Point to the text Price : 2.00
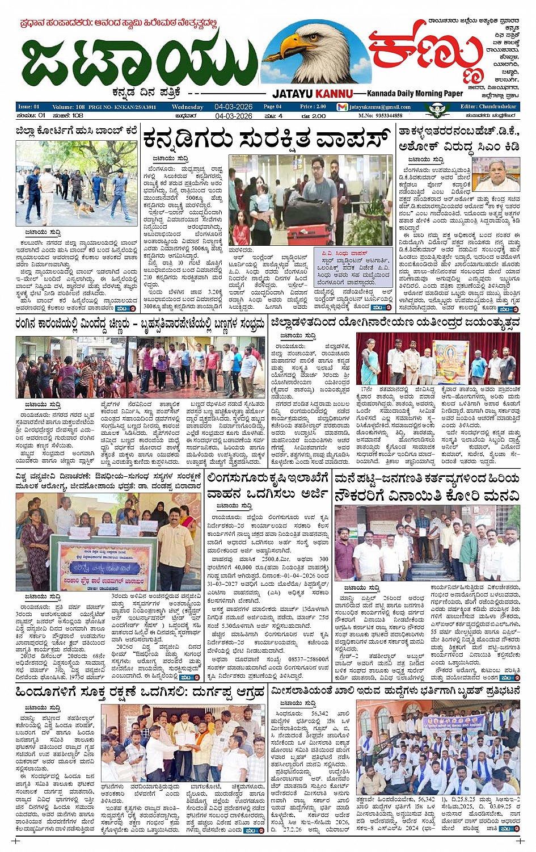(313, 107)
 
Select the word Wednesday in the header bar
(187, 107)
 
